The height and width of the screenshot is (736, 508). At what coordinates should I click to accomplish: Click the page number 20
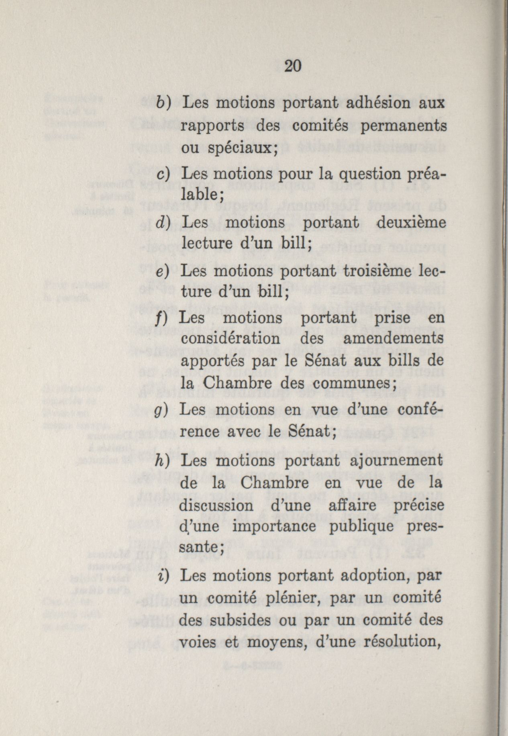coord(292,66)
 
